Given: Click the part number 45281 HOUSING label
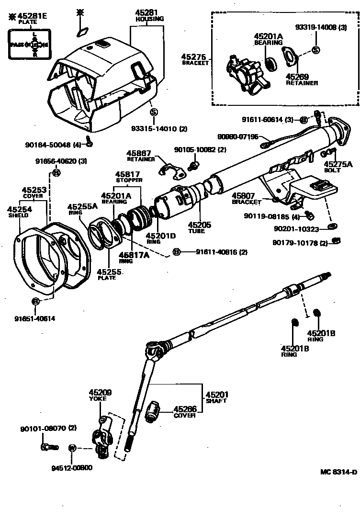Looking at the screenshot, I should tap(150, 15).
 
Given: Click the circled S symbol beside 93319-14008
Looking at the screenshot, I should tap(315, 49).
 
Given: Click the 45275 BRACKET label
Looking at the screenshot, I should tap(195, 59).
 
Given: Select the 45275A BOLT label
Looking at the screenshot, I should tap(342, 167).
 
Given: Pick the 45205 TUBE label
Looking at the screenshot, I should tap(196, 227).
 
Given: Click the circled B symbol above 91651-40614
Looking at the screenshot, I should tap(35, 301).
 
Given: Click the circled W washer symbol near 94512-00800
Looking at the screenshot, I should tap(72, 449).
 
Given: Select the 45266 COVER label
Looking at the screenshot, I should tap(185, 412).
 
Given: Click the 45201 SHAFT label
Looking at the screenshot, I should tap(216, 397).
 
